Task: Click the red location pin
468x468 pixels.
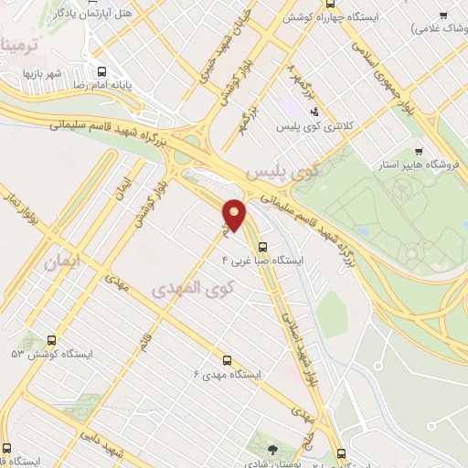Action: pos(235,215)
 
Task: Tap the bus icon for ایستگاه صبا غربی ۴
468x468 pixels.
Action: pos(263,246)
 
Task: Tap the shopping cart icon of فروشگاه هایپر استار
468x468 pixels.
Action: pos(419,152)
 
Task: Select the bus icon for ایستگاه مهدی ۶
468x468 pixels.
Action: pos(231,360)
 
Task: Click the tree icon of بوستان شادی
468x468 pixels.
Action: pos(272,448)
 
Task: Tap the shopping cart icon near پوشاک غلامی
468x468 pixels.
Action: pos(442,14)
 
